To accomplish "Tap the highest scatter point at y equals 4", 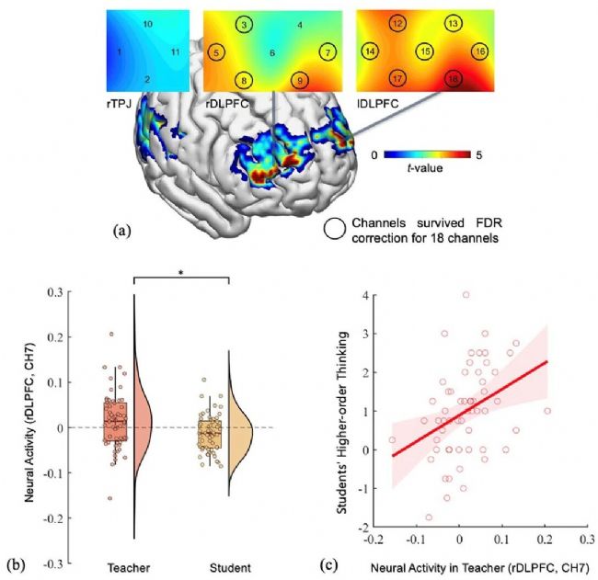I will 466,295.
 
